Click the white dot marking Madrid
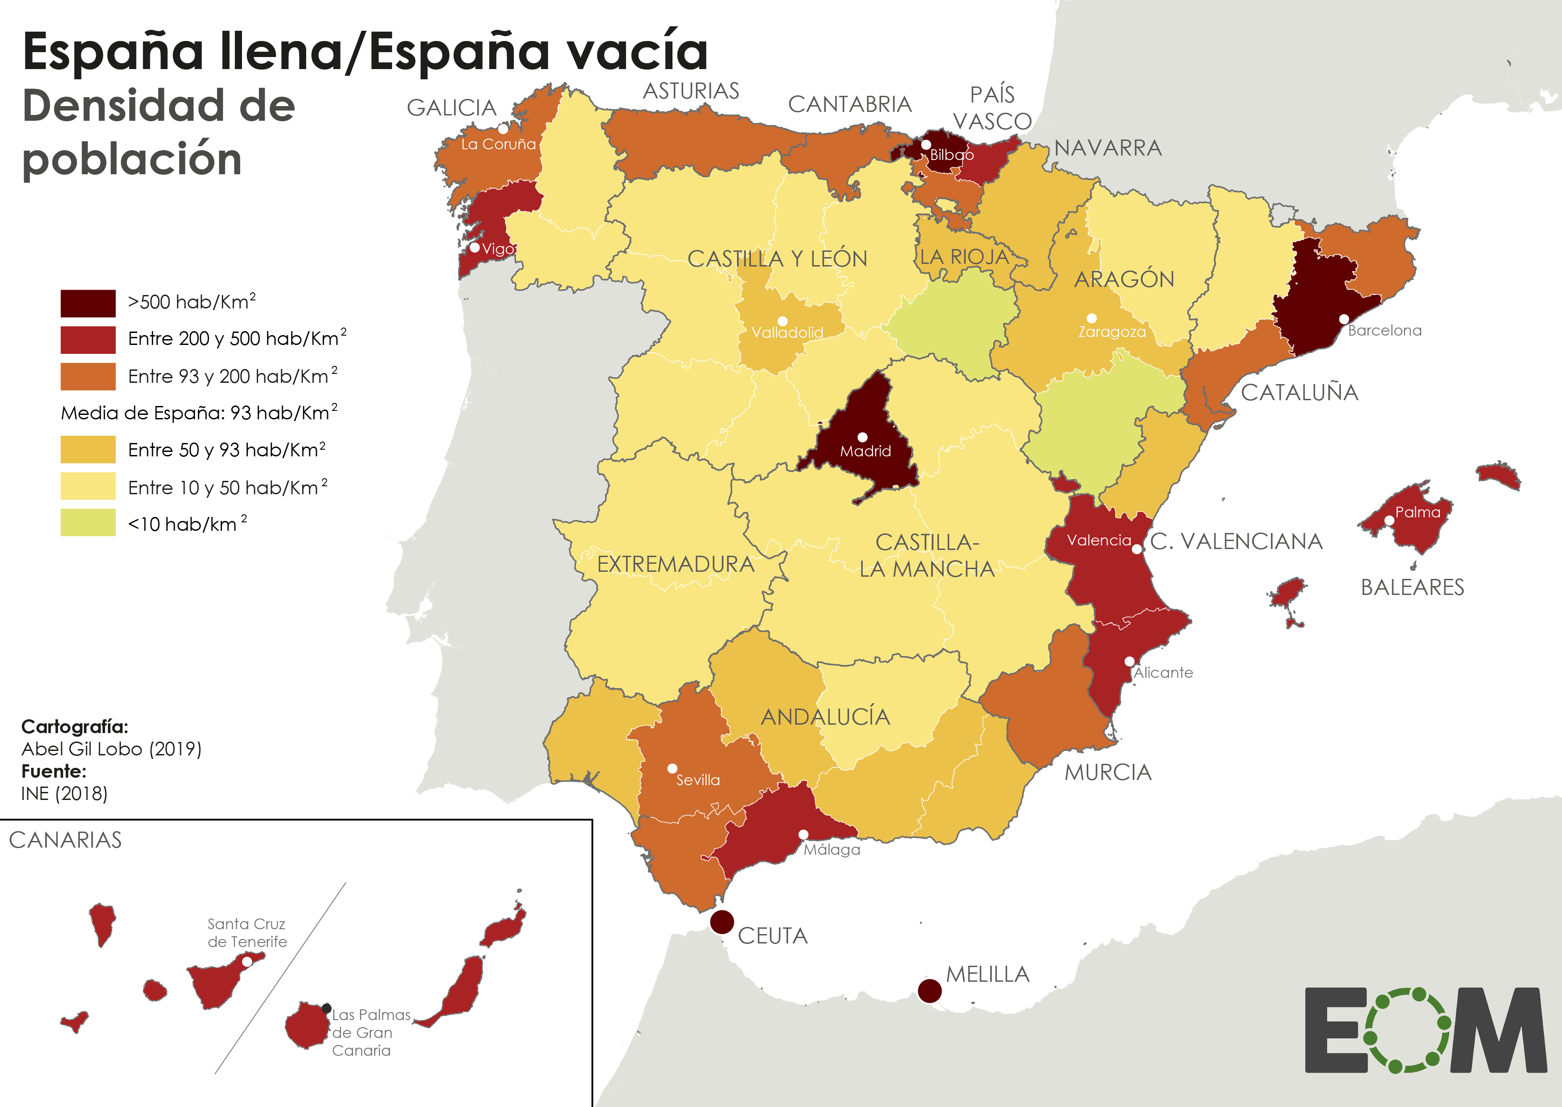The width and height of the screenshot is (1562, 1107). (x=862, y=437)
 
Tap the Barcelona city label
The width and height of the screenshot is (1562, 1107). (x=1384, y=331)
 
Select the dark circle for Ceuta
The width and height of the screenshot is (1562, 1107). (x=722, y=922)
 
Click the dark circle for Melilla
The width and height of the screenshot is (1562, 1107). (x=930, y=990)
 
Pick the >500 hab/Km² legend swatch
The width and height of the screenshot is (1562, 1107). (x=88, y=303)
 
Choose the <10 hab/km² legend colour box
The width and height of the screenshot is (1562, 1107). (x=88, y=523)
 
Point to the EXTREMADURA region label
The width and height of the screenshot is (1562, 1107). (x=675, y=564)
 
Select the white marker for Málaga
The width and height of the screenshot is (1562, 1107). (x=804, y=834)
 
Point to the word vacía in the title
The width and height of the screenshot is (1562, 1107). (x=627, y=52)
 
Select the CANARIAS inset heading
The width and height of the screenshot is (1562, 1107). (x=66, y=840)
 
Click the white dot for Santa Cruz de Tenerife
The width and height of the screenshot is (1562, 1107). (x=247, y=961)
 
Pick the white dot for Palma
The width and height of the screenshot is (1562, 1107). (x=1389, y=520)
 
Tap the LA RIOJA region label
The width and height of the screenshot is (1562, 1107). (x=963, y=257)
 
